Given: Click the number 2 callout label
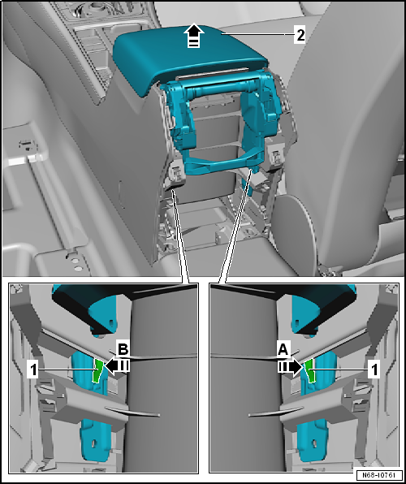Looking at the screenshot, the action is coord(300,36).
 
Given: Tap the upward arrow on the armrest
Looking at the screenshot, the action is coord(193,36).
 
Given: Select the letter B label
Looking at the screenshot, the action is coord(123,350).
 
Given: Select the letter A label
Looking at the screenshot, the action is coord(283,350).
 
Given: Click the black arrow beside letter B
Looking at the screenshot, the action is coord(116,365).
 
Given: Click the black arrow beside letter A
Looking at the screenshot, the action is coord(290,367).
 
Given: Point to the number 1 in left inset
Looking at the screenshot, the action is coord(32,369).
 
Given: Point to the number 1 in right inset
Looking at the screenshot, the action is coord(374,369).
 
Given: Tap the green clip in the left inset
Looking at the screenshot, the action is coord(98,370).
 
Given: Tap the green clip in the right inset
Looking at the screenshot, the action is coord(309,370).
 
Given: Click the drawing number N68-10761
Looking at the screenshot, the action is coord(378,475).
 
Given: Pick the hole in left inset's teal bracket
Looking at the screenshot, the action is coord(94,443).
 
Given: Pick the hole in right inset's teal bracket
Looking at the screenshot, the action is coord(314,443).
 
